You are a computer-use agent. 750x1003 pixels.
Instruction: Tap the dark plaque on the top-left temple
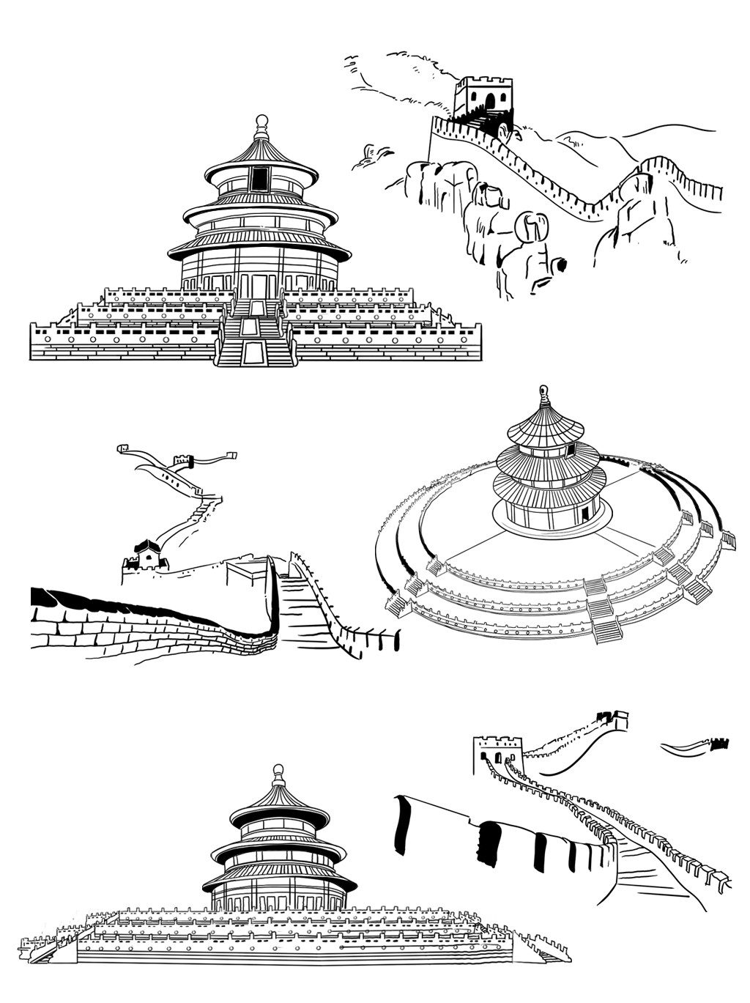click(260, 178)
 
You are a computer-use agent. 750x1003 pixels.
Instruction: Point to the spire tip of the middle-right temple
click(543, 389)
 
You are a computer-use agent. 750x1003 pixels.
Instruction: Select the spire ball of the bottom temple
click(278, 770)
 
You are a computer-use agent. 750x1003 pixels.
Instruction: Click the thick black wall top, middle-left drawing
click(125, 601)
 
